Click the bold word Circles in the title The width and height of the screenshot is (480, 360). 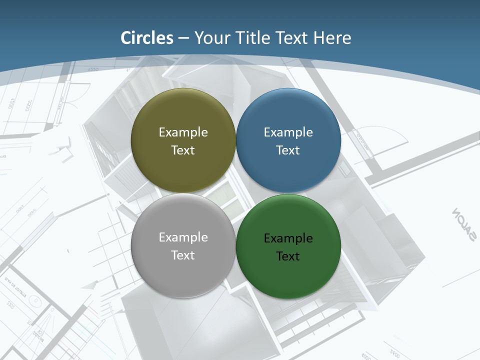(146, 38)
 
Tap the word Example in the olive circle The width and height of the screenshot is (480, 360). (183, 132)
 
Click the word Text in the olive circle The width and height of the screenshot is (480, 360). (183, 150)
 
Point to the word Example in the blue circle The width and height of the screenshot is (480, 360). (288, 132)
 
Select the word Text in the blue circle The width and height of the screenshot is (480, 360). (288, 150)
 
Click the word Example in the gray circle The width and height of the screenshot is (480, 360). (183, 237)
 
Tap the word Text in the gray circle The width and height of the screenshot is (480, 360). (183, 255)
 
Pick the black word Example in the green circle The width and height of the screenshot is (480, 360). (288, 238)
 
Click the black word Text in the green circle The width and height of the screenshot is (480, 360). (288, 256)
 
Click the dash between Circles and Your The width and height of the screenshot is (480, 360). (183, 38)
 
